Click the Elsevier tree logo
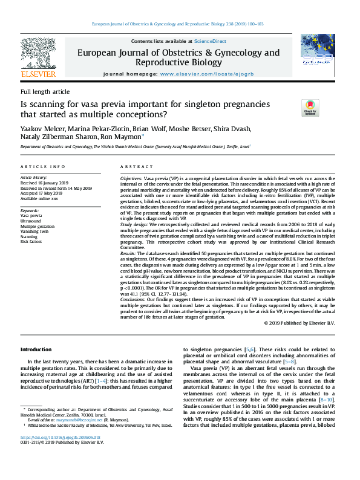pos(38,55)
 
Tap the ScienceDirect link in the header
pos(210,41)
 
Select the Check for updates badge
pos(310,108)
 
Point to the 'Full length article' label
pos(45,91)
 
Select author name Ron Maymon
pos(123,137)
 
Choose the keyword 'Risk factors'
pos(31,241)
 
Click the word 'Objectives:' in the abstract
pos(131,180)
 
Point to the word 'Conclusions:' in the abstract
pos(133,298)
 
